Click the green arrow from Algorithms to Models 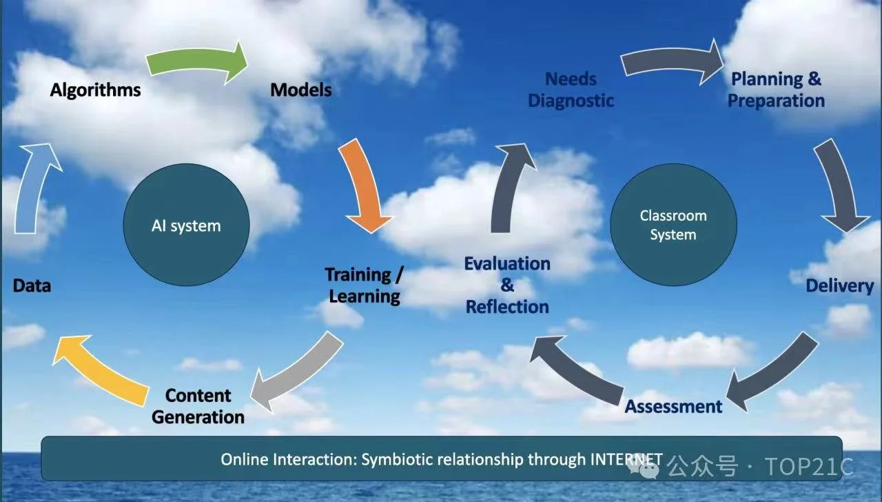click(x=196, y=63)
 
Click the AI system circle click(x=186, y=226)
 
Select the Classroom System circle click(x=673, y=225)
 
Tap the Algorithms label click(x=95, y=90)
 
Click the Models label click(x=300, y=90)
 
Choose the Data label click(x=32, y=285)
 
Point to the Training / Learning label click(x=364, y=285)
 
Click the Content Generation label click(x=198, y=406)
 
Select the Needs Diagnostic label click(x=571, y=90)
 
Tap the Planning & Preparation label click(x=776, y=90)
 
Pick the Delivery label click(x=839, y=285)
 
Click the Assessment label click(x=673, y=406)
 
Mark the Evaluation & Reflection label click(x=507, y=285)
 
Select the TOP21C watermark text click(x=809, y=467)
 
